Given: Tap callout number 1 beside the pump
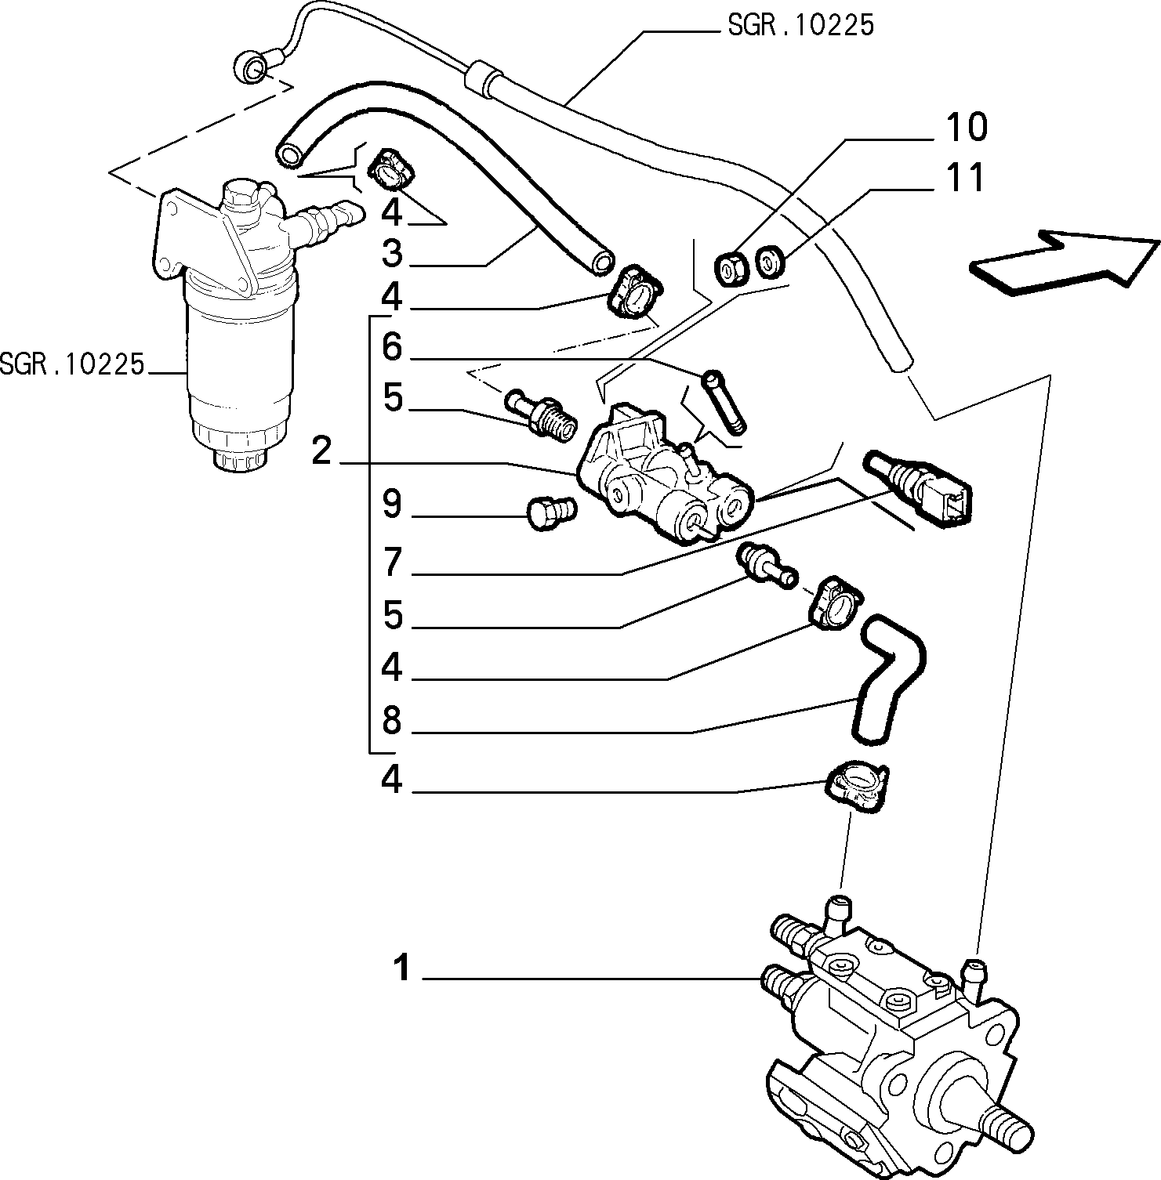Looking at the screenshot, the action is (x=401, y=969).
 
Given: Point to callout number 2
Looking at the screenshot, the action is (x=322, y=451).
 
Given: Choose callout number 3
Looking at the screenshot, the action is (x=392, y=254).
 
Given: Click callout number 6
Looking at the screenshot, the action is (x=392, y=346).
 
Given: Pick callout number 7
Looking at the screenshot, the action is (x=392, y=563).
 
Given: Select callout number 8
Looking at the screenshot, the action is (x=392, y=720).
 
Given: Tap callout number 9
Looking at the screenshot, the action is (x=392, y=505).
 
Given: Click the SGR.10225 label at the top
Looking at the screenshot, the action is (x=800, y=26).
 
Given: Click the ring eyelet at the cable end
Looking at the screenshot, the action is (x=251, y=68).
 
